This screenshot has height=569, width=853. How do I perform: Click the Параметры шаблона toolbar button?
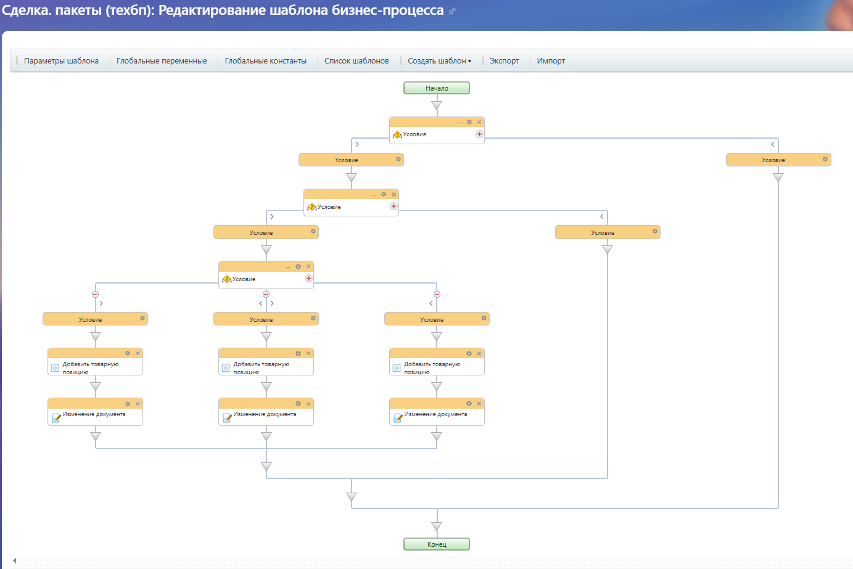pyautogui.click(x=61, y=61)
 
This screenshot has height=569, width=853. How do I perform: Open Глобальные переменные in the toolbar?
pyautogui.click(x=162, y=61)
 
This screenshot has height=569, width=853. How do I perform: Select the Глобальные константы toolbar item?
pyautogui.click(x=265, y=61)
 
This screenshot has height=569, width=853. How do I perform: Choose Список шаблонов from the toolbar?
pyautogui.click(x=356, y=61)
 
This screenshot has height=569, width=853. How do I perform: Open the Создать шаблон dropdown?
pyautogui.click(x=439, y=61)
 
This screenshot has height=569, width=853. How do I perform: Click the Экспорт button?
pyautogui.click(x=504, y=61)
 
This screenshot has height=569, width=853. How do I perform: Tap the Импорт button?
pyautogui.click(x=551, y=61)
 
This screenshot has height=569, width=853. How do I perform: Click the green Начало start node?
pyautogui.click(x=437, y=88)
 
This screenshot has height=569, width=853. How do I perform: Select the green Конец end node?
pyautogui.click(x=437, y=544)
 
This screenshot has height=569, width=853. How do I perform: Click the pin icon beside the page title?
pyautogui.click(x=452, y=11)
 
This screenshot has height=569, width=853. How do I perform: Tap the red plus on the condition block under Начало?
pyautogui.click(x=479, y=134)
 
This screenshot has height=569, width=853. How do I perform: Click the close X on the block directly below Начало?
pyautogui.click(x=479, y=122)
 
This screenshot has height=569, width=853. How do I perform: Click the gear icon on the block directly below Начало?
pyautogui.click(x=469, y=122)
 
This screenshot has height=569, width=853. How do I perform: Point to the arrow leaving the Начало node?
pyautogui.click(x=437, y=105)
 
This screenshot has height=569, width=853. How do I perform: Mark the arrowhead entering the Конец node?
pyautogui.click(x=437, y=526)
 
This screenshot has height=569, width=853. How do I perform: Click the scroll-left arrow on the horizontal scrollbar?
pyautogui.click(x=14, y=560)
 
